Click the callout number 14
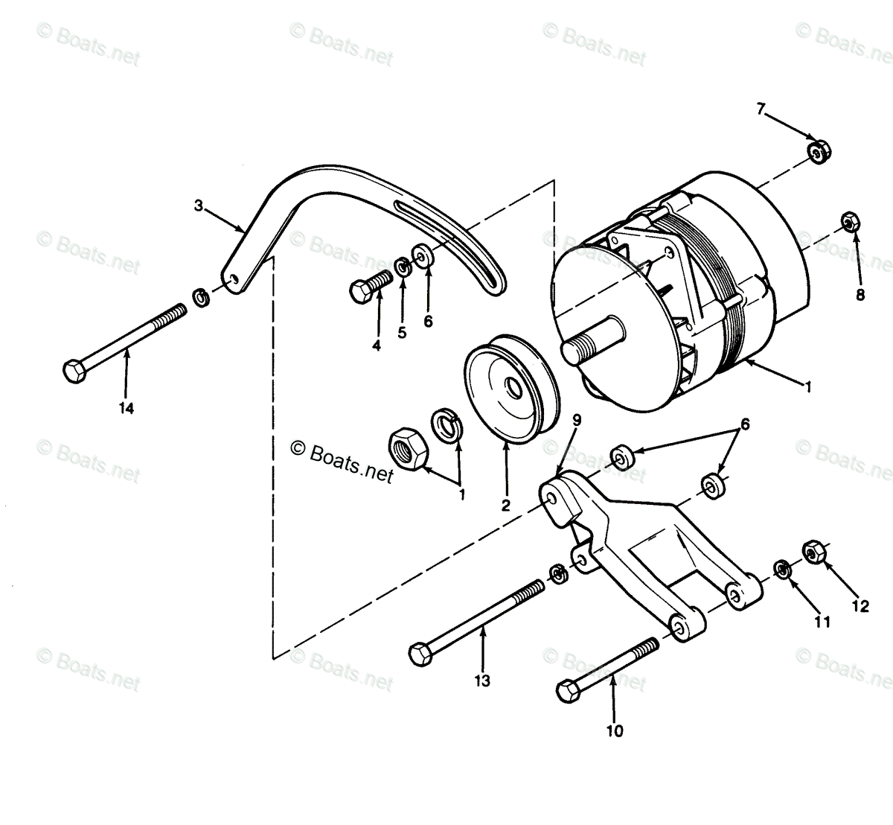(127, 408)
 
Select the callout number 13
(482, 681)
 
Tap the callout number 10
(614, 730)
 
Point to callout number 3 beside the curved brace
(199, 206)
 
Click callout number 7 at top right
(761, 109)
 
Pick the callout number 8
(860, 294)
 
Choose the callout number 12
(860, 606)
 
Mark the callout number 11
(822, 622)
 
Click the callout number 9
(577, 420)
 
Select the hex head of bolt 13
(420, 654)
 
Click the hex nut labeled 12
(812, 552)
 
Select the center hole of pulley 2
(512, 389)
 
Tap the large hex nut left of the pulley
(407, 448)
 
